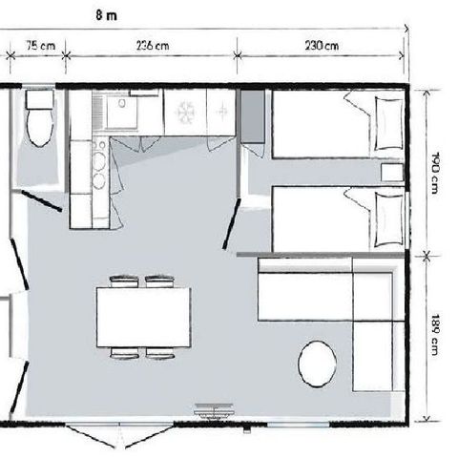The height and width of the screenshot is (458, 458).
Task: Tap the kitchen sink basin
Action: (x=123, y=114)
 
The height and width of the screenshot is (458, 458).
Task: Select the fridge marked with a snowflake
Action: (x=185, y=114)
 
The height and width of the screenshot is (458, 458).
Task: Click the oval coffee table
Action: (x=316, y=363)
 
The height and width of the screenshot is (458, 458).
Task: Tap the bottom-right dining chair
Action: (x=159, y=354)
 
